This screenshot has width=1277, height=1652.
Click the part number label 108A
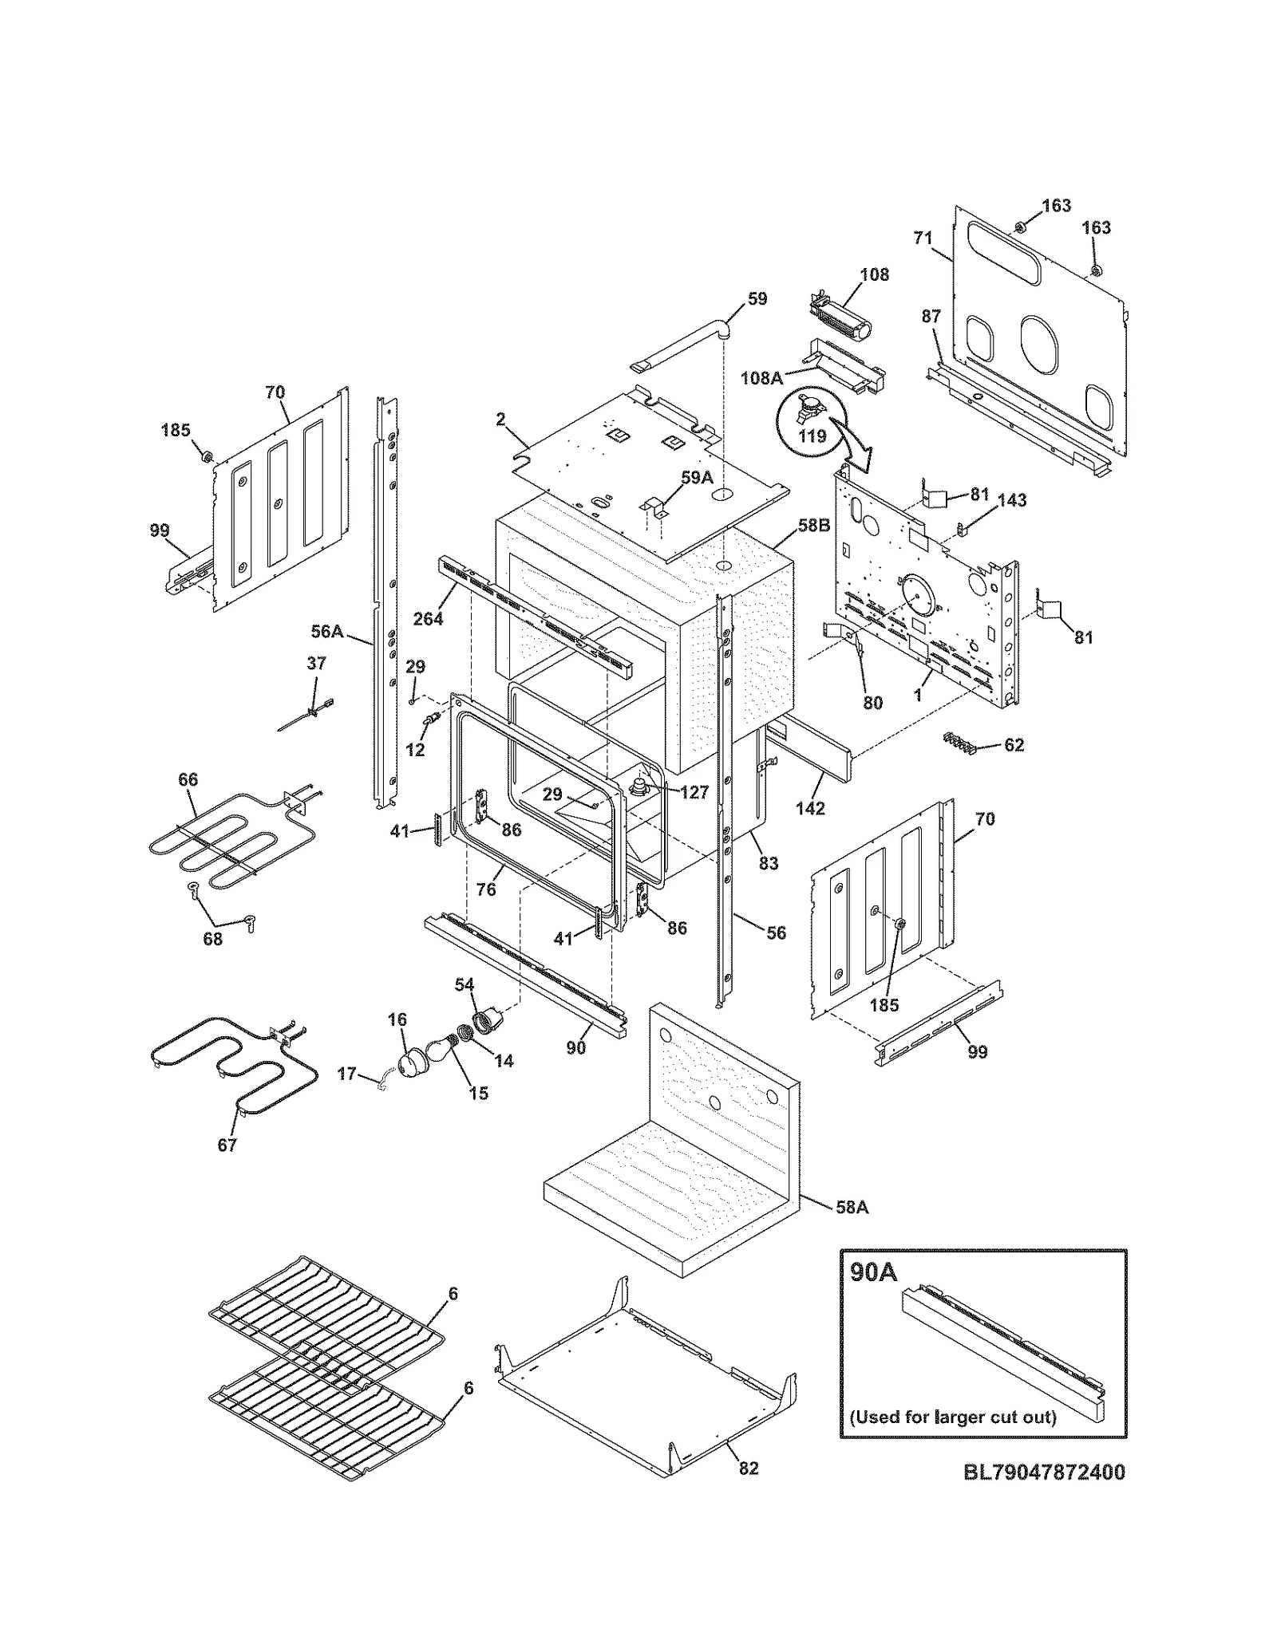[x=761, y=378]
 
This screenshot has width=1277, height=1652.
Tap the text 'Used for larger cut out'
[x=952, y=1417]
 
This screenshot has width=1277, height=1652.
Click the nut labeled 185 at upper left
[x=205, y=455]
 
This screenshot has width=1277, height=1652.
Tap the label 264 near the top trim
[x=428, y=618]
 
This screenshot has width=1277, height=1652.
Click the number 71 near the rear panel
[x=923, y=237]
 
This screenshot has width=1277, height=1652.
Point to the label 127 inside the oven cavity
[x=694, y=793]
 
